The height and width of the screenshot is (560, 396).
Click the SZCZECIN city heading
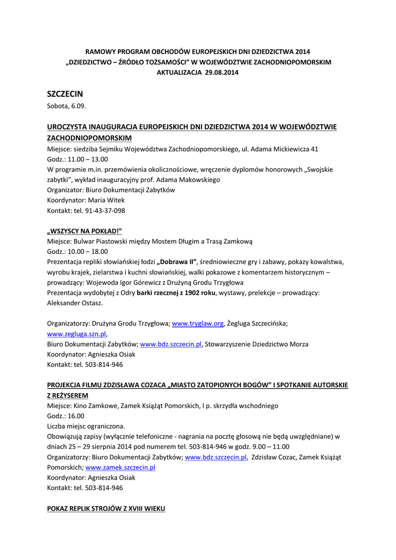click(x=65, y=94)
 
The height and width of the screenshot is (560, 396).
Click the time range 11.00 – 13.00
click(x=86, y=159)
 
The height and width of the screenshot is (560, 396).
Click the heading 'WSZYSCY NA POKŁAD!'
click(x=85, y=231)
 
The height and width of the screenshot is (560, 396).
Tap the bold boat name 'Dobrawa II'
click(x=177, y=262)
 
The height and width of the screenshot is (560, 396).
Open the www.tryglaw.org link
click(x=198, y=324)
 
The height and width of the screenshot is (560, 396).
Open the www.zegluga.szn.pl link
click(x=76, y=334)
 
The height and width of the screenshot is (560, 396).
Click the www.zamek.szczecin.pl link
click(x=120, y=468)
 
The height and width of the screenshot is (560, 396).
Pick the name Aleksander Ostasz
click(x=75, y=303)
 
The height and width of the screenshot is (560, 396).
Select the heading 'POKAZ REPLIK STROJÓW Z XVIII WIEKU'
click(x=106, y=509)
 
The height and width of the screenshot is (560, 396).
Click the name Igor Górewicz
click(x=130, y=282)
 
